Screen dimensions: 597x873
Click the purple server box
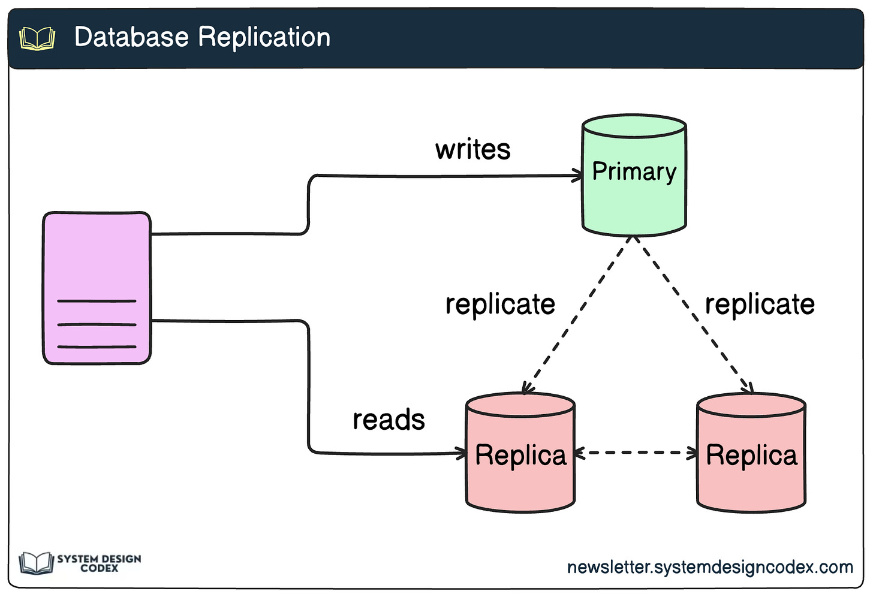97,264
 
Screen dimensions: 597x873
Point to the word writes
472,149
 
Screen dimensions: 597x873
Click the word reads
389,420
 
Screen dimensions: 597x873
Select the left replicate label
500,304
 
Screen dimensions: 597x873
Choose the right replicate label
759,304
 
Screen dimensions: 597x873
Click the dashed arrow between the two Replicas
636,453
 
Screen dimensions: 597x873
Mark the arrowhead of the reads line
462,453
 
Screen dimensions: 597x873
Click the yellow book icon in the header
37,38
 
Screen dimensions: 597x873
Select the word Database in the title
131,37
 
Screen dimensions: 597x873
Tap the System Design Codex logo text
99,563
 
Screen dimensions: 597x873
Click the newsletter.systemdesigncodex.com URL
709,567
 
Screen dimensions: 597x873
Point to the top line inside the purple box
97,301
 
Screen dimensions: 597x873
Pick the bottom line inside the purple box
97,346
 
